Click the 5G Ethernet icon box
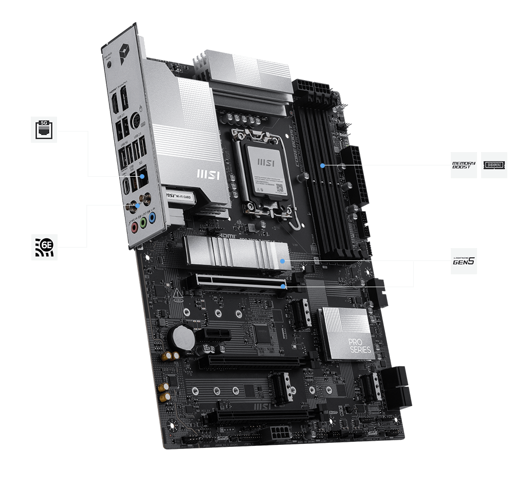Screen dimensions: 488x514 [x=44, y=129]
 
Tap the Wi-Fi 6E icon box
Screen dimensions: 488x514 [x=44, y=247]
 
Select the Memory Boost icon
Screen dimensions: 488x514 [x=464, y=165]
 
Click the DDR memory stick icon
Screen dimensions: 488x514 [x=494, y=165]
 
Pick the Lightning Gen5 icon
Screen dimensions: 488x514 [x=464, y=261]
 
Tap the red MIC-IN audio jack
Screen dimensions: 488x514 [x=135, y=224]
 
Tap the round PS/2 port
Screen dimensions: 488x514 [x=137, y=121]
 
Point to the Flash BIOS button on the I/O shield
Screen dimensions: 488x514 [x=112, y=65]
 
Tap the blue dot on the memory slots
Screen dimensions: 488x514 [x=322, y=165]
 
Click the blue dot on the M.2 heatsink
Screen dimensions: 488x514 [x=282, y=261]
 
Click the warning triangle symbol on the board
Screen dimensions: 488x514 [x=178, y=294]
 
